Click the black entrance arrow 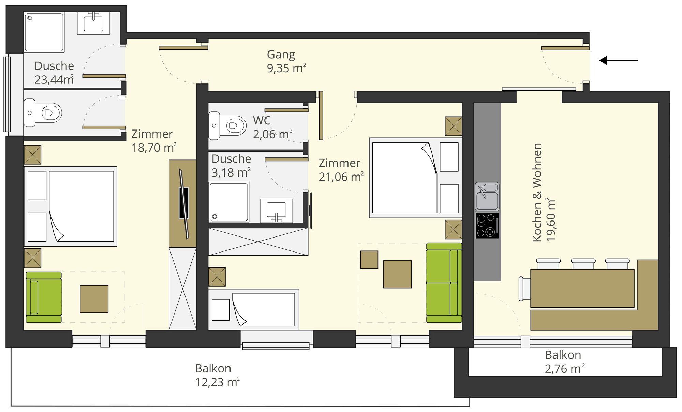tap(619, 61)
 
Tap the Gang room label tap(281, 55)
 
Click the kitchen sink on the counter tap(487, 197)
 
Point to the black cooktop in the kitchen tap(487, 226)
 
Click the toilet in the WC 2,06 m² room tap(227, 125)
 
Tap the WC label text tap(262, 120)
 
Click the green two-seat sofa tap(444, 283)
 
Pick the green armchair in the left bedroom tap(44, 297)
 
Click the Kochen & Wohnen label tap(537, 193)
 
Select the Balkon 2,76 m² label tap(564, 362)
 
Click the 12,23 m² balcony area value tap(217, 382)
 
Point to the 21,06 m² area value tap(341, 177)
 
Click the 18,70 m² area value tap(154, 148)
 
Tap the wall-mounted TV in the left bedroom tap(184, 203)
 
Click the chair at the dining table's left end tap(524, 289)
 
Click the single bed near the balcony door tap(254, 309)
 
